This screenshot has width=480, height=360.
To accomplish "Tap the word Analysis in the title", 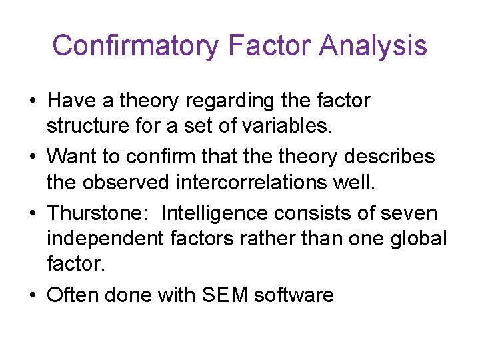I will (x=373, y=46).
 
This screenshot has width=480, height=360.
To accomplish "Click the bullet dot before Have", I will (x=32, y=101).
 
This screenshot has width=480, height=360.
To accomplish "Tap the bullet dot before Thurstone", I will (x=32, y=214).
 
